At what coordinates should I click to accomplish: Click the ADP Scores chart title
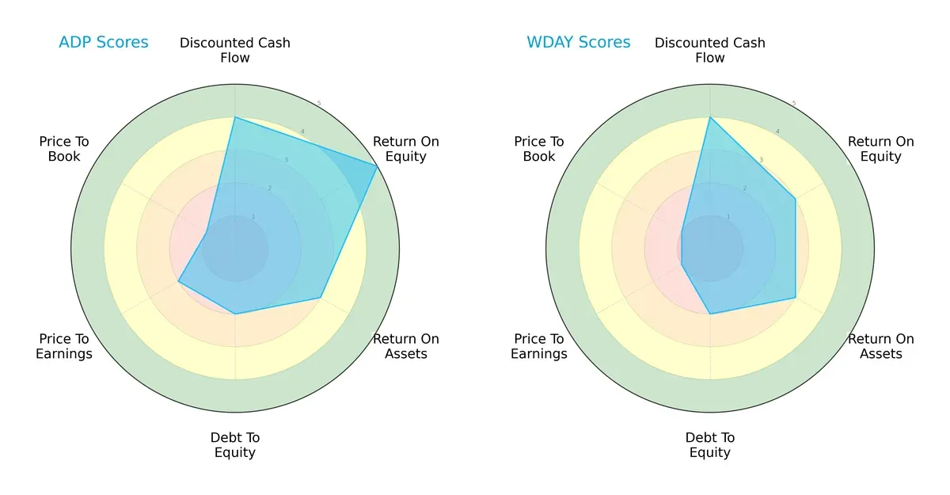(103, 42)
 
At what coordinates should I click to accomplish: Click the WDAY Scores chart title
(578, 42)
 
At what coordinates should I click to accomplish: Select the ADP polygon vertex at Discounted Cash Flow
(235, 117)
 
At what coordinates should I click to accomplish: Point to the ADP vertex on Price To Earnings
(178, 281)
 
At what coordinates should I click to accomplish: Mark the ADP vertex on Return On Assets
(321, 298)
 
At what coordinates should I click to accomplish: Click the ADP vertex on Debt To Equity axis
(235, 314)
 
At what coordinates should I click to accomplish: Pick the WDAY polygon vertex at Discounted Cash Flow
(710, 117)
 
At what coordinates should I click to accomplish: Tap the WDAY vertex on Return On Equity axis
(796, 199)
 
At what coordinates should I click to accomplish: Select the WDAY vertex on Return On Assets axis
(796, 298)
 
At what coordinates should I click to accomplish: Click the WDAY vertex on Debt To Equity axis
(710, 314)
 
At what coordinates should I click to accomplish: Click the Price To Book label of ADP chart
(64, 149)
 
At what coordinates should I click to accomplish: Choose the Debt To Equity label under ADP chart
(235, 445)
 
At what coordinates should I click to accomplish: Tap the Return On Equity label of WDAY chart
(880, 149)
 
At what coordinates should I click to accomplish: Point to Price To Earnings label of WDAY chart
(539, 346)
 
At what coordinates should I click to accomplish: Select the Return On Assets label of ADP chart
(405, 346)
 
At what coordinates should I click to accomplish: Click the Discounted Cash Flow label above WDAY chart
(710, 50)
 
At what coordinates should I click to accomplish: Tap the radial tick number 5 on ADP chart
(319, 104)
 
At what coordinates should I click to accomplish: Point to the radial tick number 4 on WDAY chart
(777, 131)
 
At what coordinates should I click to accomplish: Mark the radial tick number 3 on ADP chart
(286, 160)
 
